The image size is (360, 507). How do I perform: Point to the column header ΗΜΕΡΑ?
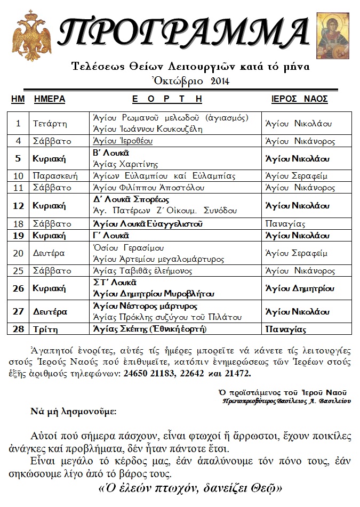49,99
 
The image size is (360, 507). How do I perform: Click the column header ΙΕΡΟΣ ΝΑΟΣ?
300,99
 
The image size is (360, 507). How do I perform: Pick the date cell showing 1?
18,124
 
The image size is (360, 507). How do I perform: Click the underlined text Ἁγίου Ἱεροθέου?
123,141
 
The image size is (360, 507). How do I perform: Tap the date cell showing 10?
18,176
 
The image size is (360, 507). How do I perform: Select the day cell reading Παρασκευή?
56,176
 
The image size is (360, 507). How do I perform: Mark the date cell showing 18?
18,224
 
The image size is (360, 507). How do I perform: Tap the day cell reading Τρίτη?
45,329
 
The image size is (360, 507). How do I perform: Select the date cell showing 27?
18,311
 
